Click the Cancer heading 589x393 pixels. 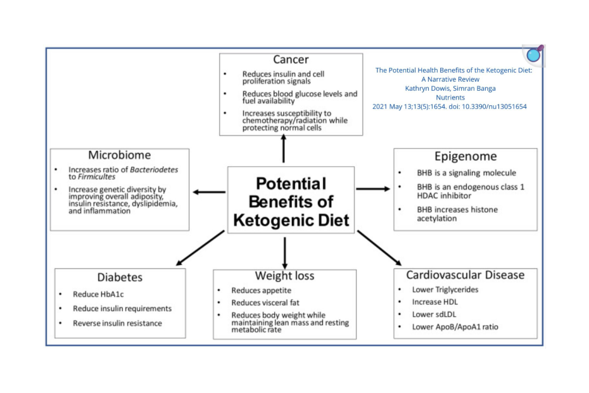pos(291,60)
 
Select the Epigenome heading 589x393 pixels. pos(465,156)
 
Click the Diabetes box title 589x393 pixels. pos(120,277)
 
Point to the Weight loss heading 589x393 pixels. pos(284,276)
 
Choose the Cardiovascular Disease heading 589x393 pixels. pos(465,275)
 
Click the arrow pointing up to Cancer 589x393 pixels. pos(283,149)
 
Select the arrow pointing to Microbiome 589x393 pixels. pos(209,191)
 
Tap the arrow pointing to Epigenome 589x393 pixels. pos(373,189)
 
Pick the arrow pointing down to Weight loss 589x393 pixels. pos(284,252)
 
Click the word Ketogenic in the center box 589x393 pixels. pos(265,220)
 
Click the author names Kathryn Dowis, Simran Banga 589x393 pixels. pos(450,89)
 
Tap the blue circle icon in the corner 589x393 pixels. pos(534,55)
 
